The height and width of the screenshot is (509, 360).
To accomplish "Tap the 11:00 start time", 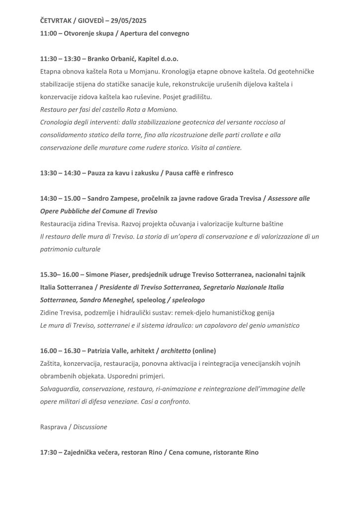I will click(48, 33).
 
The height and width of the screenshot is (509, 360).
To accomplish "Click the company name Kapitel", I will click(155, 59).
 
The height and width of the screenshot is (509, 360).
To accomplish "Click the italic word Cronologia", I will click(58, 122).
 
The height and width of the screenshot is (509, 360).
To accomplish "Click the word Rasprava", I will click(54, 427).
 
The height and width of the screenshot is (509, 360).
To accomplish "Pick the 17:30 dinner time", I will click(48, 453).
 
